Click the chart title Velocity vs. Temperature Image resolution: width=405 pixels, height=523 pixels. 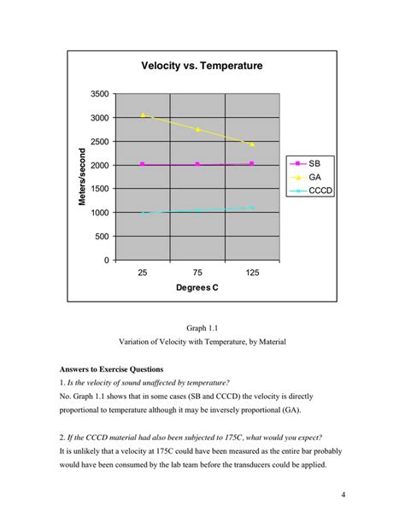pos(202,66)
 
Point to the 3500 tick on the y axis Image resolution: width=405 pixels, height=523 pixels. pos(99,94)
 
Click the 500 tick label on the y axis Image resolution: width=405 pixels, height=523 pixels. pos(102,237)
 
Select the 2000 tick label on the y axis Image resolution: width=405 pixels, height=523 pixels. pos(99,165)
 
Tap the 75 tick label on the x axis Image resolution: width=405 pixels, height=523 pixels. pos(197,273)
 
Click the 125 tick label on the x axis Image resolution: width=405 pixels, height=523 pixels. pos(253,273)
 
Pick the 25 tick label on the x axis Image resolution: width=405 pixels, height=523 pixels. pos(143,273)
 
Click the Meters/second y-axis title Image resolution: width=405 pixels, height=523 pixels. pos(83,176)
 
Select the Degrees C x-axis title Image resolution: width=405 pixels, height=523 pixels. pos(197,288)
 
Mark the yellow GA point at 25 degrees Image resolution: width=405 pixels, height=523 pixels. pos(143,115)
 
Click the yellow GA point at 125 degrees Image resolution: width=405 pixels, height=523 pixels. pos(253,144)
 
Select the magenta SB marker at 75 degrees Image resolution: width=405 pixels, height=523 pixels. pos(197,164)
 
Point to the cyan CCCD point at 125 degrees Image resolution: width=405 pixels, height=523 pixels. pos(253,208)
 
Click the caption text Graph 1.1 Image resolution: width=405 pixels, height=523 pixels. pos(202,327)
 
